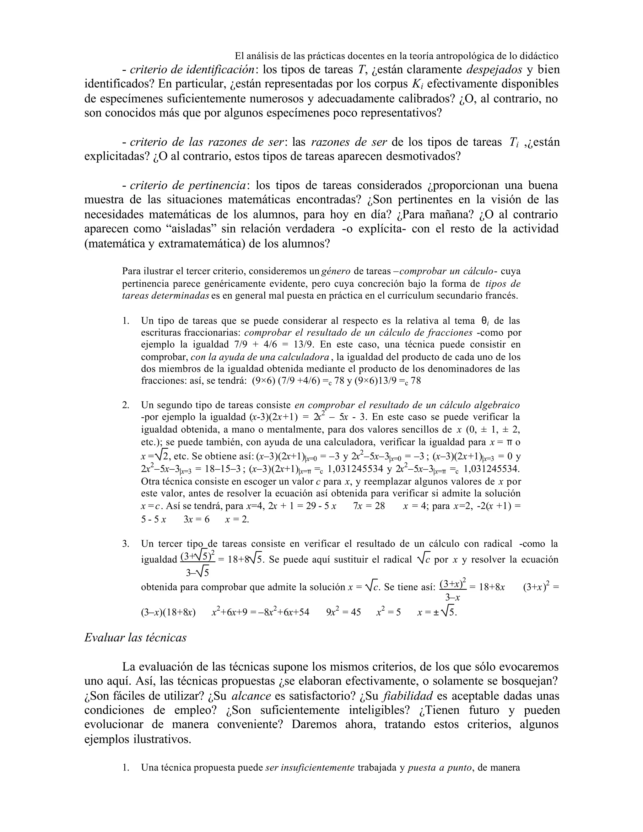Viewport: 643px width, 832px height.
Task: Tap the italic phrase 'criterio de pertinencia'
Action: click(188, 186)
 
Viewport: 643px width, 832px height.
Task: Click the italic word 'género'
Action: click(336, 271)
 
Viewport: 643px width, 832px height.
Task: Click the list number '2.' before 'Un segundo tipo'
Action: click(126, 405)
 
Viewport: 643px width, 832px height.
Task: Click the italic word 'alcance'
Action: click(251, 696)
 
